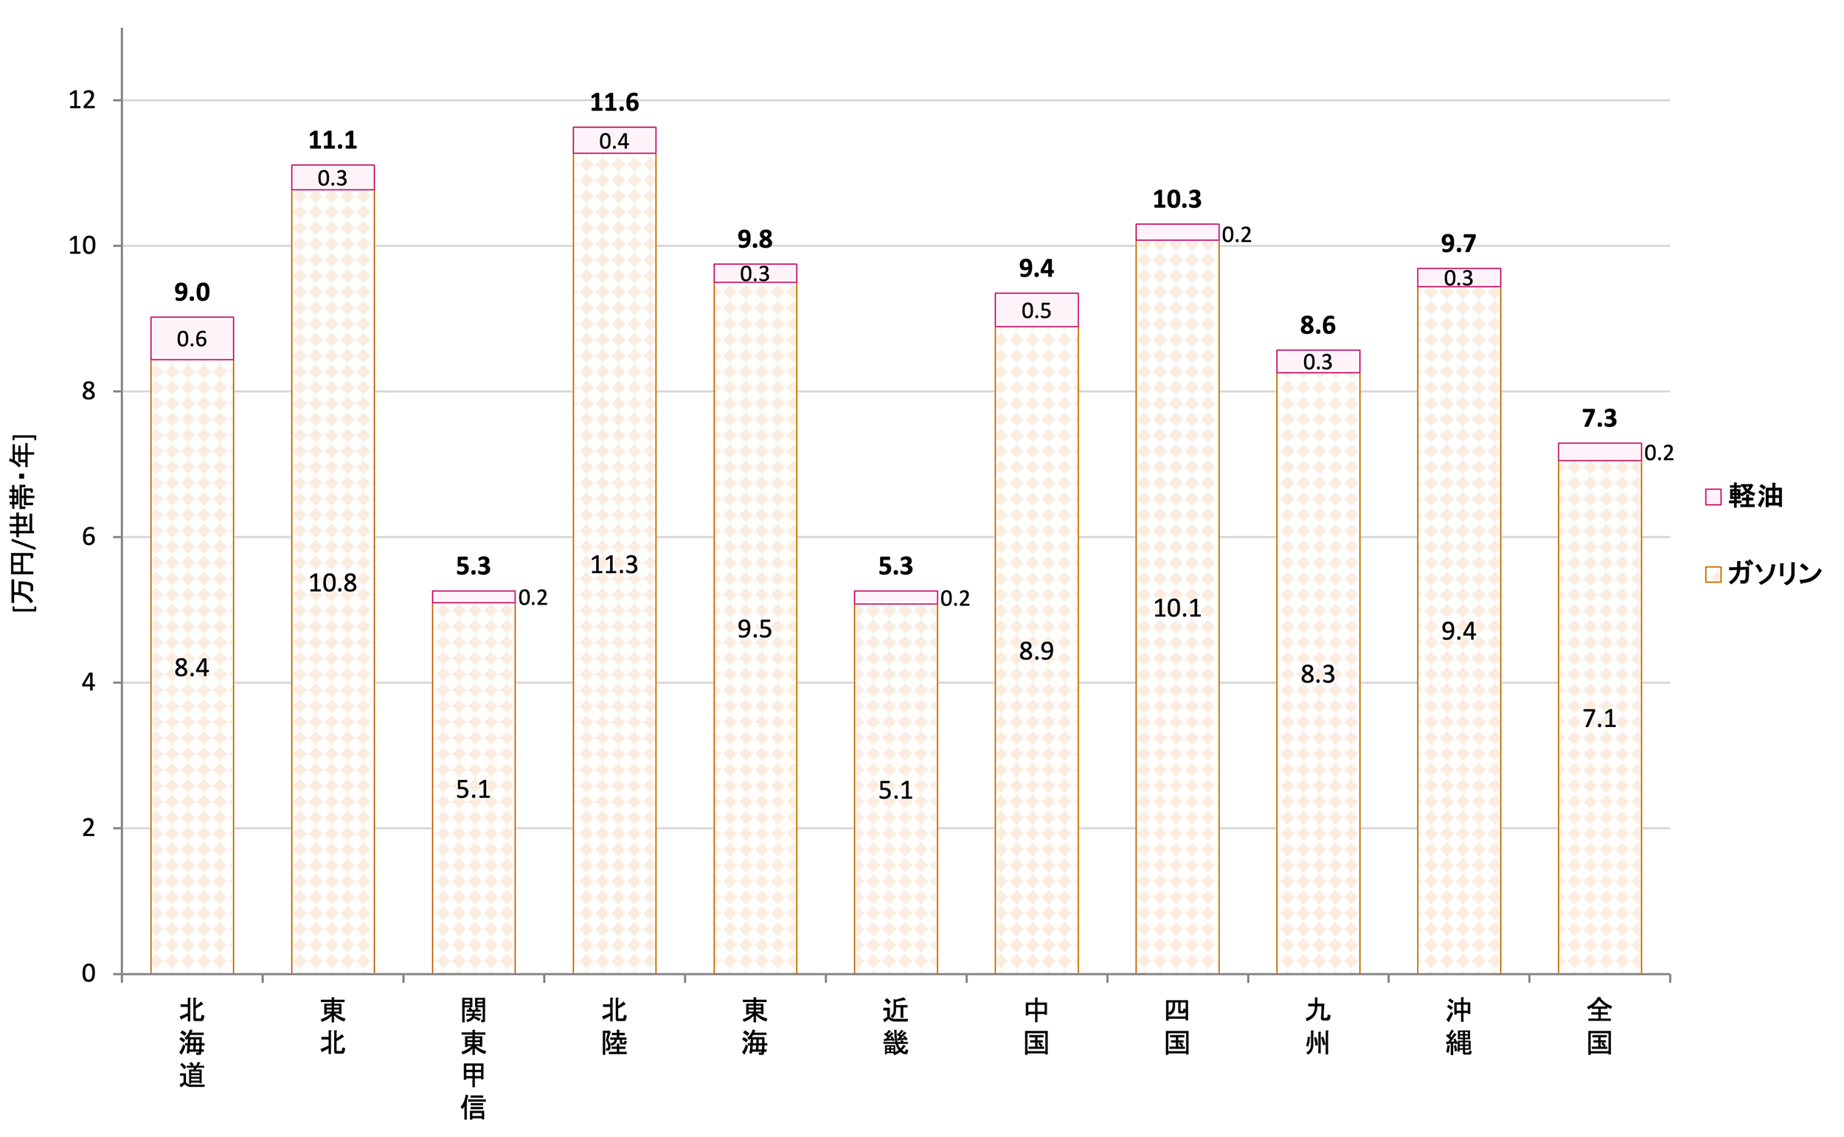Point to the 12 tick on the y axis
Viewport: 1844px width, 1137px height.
pos(83,100)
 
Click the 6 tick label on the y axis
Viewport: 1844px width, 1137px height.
pos(89,537)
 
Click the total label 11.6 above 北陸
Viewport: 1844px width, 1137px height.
pos(614,102)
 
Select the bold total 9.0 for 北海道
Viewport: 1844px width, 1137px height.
pos(192,292)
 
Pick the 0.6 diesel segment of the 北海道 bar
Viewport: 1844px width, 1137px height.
pos(192,338)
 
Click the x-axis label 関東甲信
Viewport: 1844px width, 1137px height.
pos(473,1058)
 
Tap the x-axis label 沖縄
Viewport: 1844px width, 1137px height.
pos(1458,1026)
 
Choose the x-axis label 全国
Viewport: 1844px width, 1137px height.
pos(1599,1026)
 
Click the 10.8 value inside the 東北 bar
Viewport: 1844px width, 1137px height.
pos(333,583)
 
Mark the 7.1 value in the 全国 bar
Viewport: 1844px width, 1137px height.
pos(1599,719)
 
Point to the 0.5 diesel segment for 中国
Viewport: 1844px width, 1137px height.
pos(1036,310)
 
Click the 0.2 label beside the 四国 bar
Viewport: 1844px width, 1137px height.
pos(1236,234)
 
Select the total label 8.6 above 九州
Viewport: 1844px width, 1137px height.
pos(1317,326)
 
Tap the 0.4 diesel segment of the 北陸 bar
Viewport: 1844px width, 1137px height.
pos(614,141)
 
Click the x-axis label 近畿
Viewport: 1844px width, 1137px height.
pos(895,1026)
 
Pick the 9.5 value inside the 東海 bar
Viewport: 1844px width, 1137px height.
pos(755,629)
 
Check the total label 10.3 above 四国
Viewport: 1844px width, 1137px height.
pos(1177,199)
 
